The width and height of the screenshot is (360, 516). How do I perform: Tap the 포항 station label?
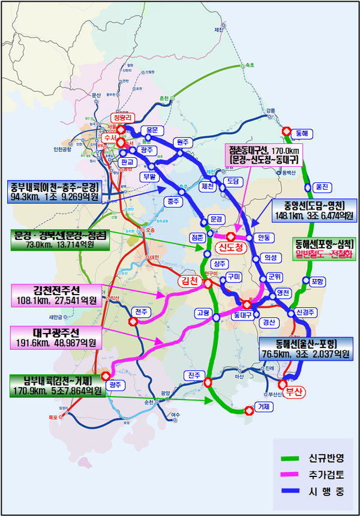tap(317, 281)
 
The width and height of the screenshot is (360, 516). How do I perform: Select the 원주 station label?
tap(182, 142)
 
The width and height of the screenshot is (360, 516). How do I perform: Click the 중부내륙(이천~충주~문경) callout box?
tap(54, 191)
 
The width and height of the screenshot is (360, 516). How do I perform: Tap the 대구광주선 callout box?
tap(56, 337)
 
